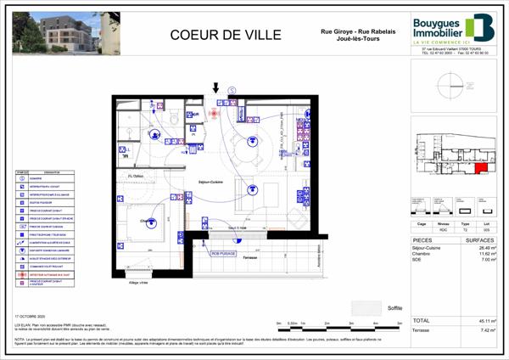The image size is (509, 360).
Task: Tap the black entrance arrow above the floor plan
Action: (215, 87)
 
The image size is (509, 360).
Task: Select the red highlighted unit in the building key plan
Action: (481, 169)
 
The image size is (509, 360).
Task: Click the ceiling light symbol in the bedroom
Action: (149, 225)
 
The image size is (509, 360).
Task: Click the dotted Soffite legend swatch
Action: (367, 307)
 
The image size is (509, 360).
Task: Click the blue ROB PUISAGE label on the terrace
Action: (225, 253)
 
